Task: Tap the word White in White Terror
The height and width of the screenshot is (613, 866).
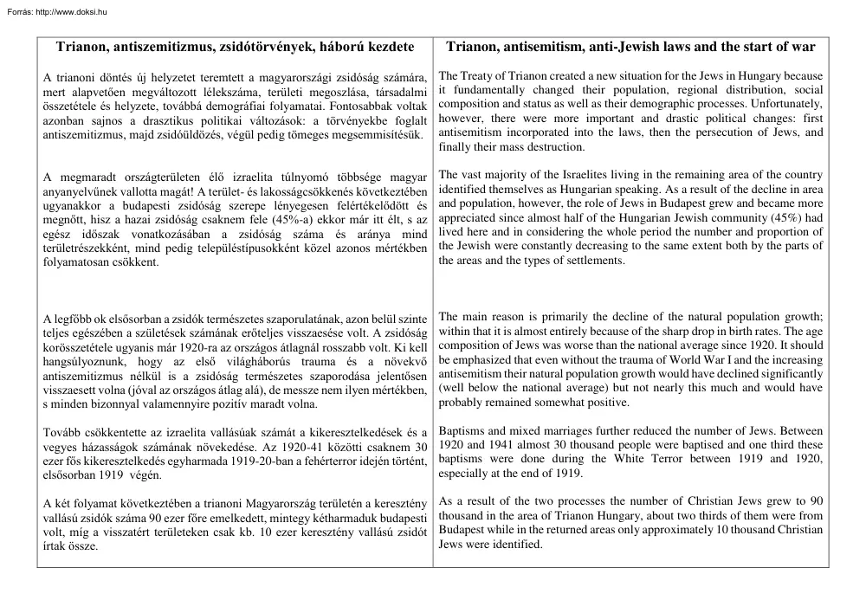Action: tap(630, 459)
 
